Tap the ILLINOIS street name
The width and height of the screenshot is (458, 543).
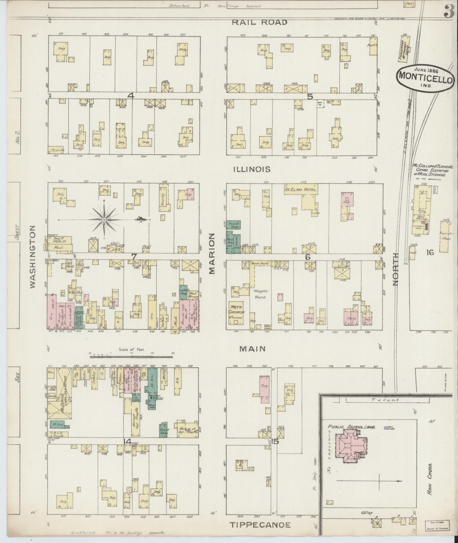tap(252, 169)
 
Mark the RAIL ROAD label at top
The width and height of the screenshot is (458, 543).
tap(260, 22)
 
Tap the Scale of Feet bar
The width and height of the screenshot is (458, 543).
tap(131, 356)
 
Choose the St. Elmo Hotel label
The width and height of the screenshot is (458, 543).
tap(301, 189)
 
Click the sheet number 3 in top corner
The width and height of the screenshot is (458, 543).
tap(450, 12)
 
